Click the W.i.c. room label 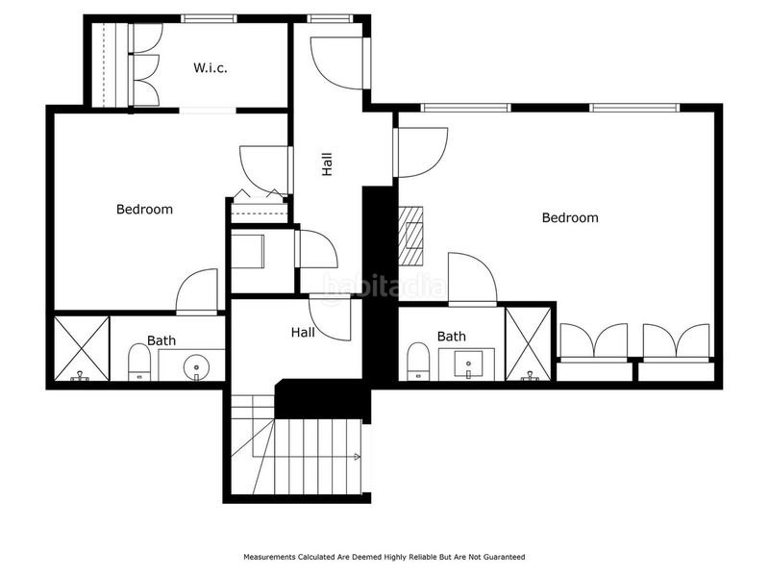tap(209, 67)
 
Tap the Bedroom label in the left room tap(144, 209)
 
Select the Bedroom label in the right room tap(570, 217)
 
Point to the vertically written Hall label tap(328, 163)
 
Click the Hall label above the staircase tap(303, 333)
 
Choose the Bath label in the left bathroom tap(161, 340)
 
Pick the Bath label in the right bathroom tap(451, 337)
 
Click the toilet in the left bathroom tap(139, 363)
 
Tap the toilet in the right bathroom tap(417, 362)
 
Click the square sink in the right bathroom tap(468, 364)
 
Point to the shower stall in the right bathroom tap(528, 342)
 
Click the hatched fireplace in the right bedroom tap(411, 236)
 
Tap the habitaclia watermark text tap(384, 286)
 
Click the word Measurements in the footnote tap(270, 557)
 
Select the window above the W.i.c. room tap(209, 18)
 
